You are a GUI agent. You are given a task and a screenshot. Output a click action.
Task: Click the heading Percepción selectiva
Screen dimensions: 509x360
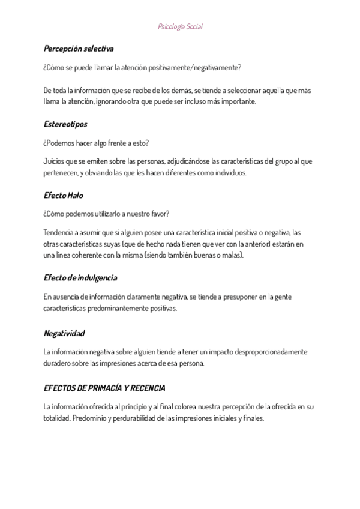(79, 48)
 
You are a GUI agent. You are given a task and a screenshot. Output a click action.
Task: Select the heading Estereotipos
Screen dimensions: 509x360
(65, 124)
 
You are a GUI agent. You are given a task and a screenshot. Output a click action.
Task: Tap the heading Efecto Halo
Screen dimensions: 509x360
(63, 195)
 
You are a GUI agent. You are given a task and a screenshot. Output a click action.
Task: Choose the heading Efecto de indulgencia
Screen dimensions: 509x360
(80, 277)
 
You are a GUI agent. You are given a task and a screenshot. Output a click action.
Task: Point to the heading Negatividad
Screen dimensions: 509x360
(64, 333)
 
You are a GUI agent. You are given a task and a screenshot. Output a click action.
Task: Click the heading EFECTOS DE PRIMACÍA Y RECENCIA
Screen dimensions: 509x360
(105, 388)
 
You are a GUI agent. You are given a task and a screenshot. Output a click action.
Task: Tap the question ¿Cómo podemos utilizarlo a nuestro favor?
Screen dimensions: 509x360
(107, 214)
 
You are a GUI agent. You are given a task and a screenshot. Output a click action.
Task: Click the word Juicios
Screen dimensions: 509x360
(53, 161)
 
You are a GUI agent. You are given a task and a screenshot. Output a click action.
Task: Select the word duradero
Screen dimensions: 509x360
(56, 363)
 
